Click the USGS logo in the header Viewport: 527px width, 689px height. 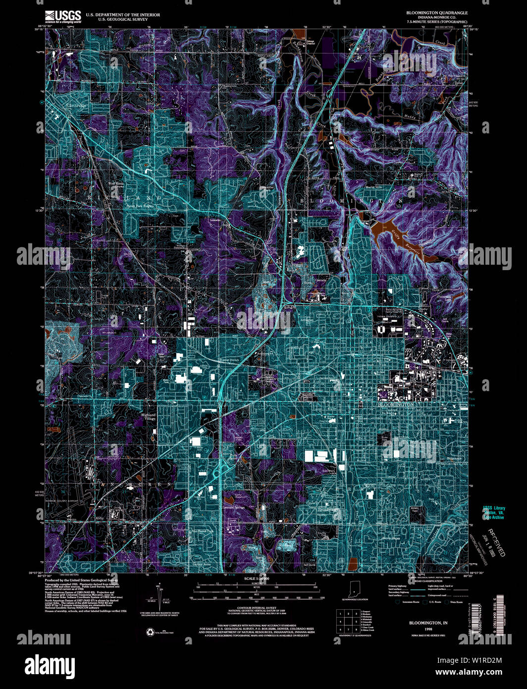(x=63, y=17)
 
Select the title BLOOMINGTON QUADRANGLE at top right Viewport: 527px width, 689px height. (x=430, y=13)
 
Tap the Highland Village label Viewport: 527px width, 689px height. (x=148, y=416)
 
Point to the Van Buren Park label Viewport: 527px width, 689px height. (x=203, y=531)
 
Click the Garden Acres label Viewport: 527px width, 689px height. (x=202, y=564)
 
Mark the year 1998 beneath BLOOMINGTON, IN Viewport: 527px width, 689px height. (x=422, y=629)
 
